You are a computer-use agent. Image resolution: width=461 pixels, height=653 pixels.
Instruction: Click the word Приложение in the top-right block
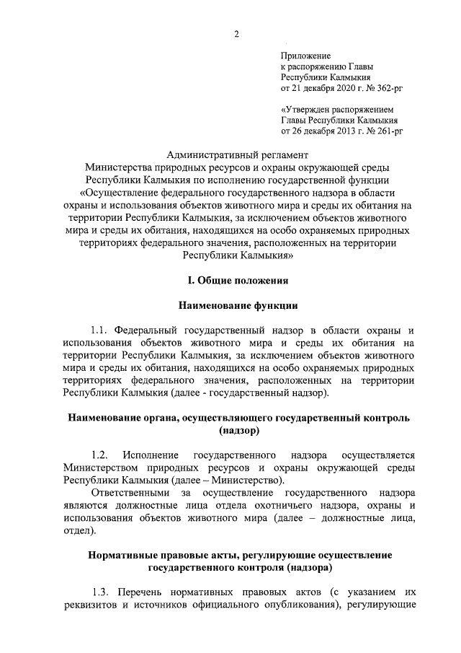coord(305,56)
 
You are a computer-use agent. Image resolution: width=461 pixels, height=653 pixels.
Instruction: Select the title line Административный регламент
coord(237,154)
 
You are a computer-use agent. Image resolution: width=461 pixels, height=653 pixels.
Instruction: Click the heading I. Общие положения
coord(237,279)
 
